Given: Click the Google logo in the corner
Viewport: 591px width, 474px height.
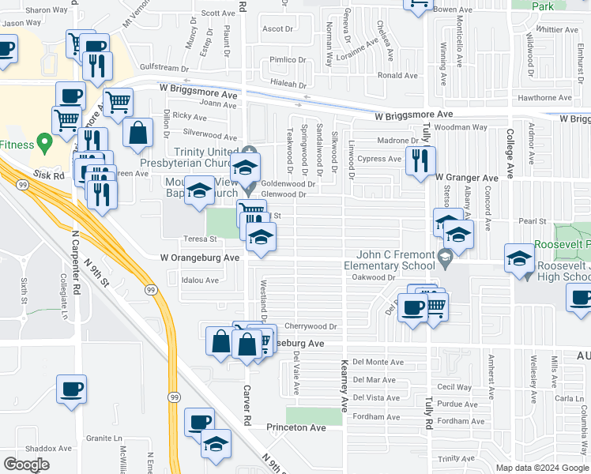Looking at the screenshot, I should point(26,465).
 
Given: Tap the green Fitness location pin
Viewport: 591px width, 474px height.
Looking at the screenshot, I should point(45,144).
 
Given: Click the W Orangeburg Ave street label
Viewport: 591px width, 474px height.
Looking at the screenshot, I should point(199,258).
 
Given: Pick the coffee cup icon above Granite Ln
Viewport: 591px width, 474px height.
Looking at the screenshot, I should point(71,389).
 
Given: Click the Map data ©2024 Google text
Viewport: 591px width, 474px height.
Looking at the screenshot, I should point(541,467).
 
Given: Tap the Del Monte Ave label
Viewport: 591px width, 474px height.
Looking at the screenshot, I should point(377,361).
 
